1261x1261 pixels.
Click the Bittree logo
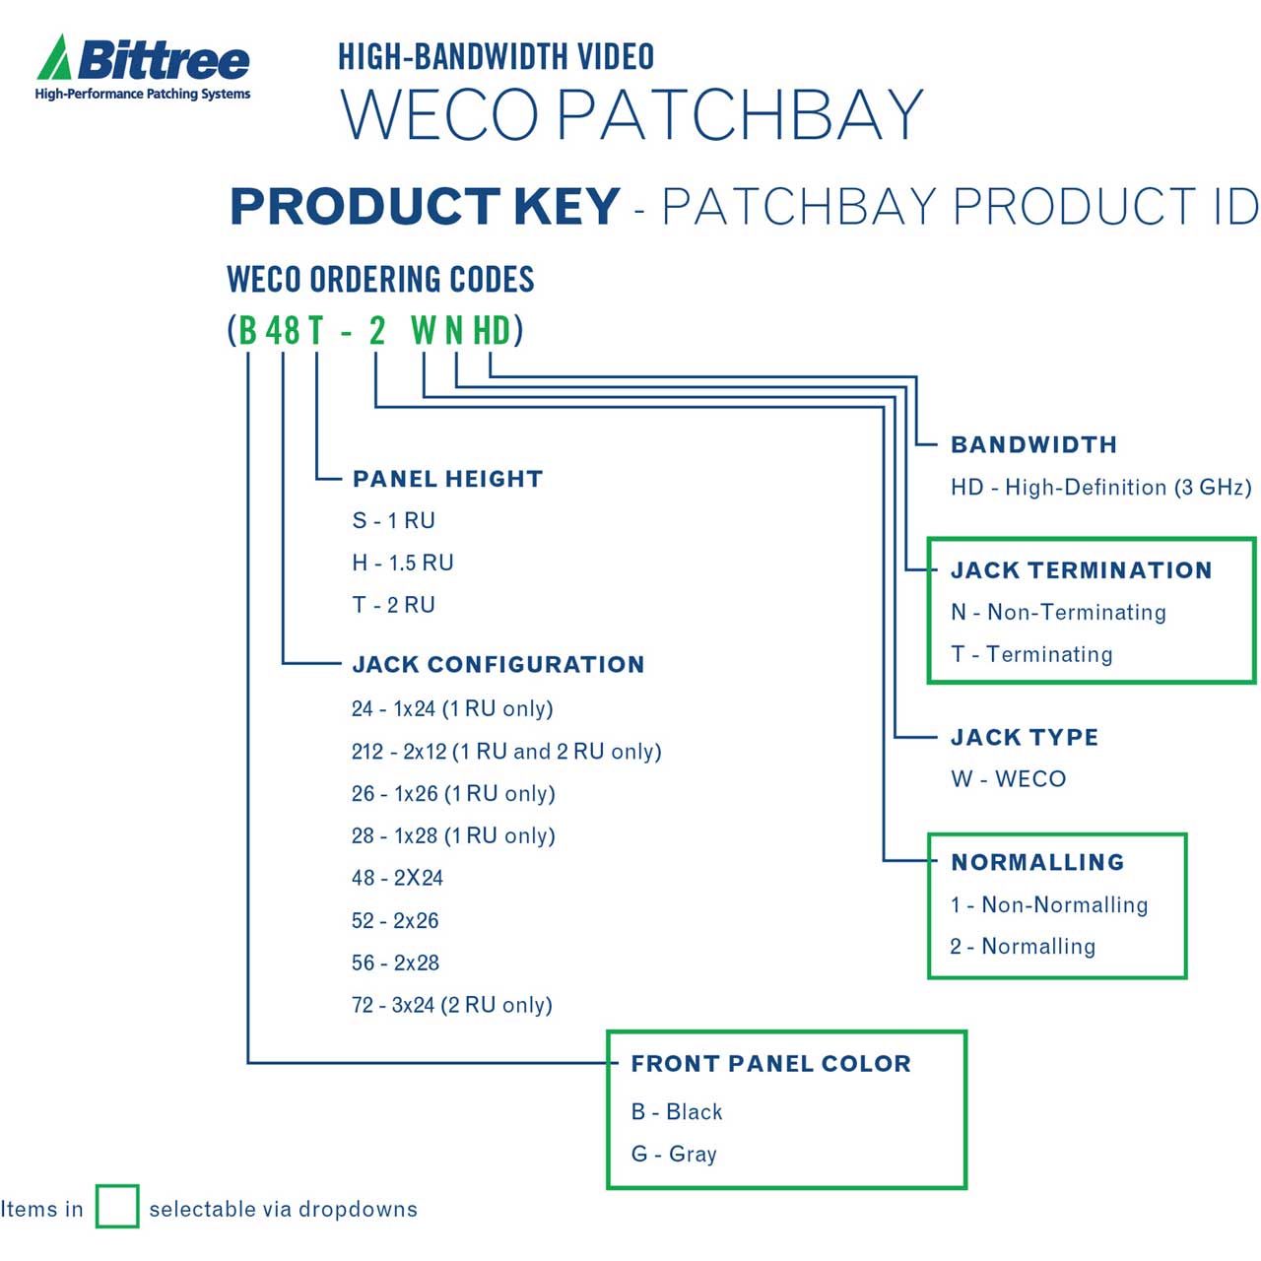click(x=143, y=67)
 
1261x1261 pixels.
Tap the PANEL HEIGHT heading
click(x=447, y=479)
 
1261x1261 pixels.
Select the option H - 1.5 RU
click(x=403, y=563)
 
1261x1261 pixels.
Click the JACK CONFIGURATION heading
click(x=498, y=664)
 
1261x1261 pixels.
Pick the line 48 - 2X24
click(x=397, y=878)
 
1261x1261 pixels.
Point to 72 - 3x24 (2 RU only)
click(x=452, y=1005)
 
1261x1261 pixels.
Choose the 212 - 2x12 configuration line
click(x=506, y=752)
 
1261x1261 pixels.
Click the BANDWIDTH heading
click(x=1033, y=445)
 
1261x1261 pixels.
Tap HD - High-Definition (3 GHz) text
click(x=1100, y=488)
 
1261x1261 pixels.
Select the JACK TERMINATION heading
click(x=1081, y=570)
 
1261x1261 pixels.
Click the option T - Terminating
click(x=1031, y=654)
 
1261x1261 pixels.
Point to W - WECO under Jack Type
click(x=1008, y=778)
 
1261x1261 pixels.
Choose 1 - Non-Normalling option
click(x=1049, y=904)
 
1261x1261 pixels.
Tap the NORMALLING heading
click(x=1037, y=862)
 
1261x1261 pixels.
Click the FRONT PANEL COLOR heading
click(x=770, y=1063)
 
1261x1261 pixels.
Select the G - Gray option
click(x=674, y=1154)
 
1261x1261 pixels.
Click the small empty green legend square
click(x=117, y=1206)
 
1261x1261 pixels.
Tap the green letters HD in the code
click(x=491, y=330)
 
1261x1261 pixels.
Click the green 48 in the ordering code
click(x=283, y=330)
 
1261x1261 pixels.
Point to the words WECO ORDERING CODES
click(x=380, y=279)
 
